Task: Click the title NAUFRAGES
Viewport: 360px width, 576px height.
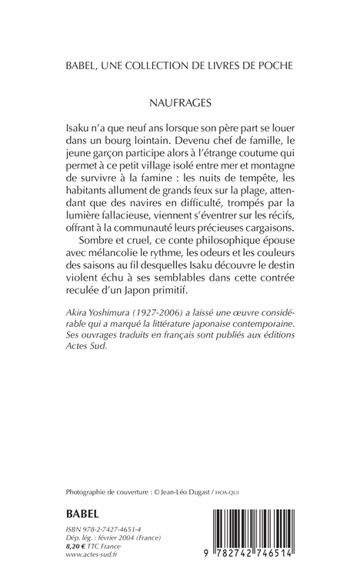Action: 180,98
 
